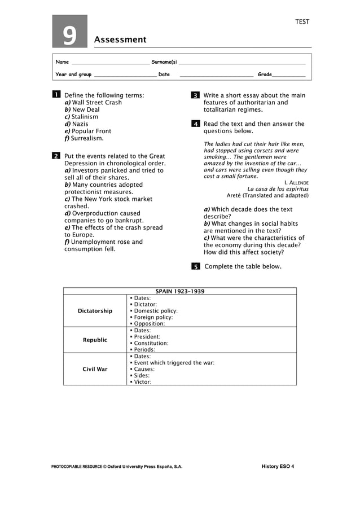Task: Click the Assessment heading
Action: pos(120,40)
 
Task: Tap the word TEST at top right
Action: pos(302,22)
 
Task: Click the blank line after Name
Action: pos(110,62)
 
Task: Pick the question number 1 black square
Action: pos(56,95)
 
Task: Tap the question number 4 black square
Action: pos(195,124)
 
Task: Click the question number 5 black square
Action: pos(195,266)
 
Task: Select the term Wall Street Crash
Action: pos(96,103)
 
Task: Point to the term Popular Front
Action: pos(91,131)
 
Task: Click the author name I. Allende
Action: pos(296,182)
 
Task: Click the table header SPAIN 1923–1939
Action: pos(179,291)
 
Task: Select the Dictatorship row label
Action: pos(95,311)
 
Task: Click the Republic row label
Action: pos(95,340)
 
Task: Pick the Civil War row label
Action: pos(95,369)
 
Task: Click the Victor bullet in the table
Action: pos(142,381)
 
